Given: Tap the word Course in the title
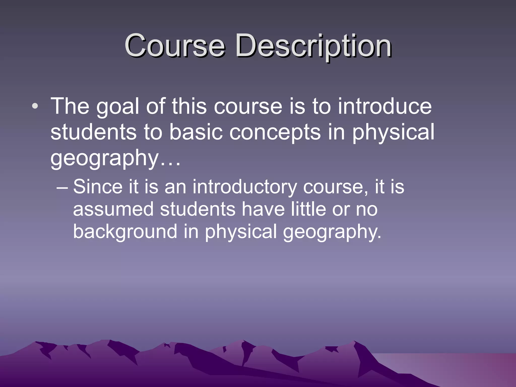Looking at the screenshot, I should pos(175,46).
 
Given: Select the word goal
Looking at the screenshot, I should pos(118,107).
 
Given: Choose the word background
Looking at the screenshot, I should pos(125,232).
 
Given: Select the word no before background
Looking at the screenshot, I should pos(367,210).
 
